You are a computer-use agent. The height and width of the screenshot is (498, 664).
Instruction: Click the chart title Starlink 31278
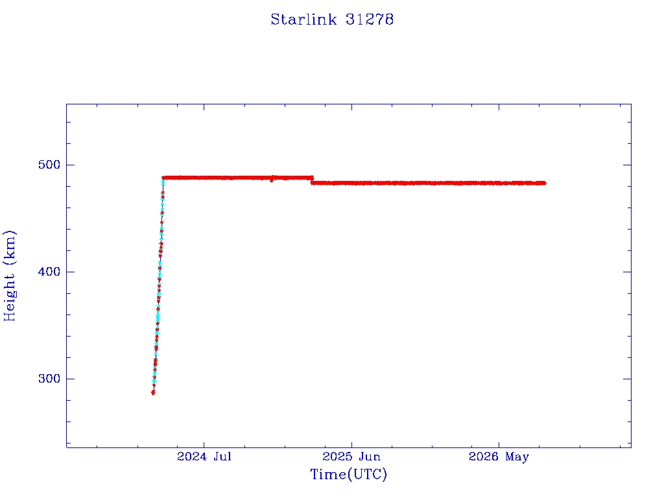click(332, 19)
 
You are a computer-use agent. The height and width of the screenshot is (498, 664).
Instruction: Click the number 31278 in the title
click(370, 19)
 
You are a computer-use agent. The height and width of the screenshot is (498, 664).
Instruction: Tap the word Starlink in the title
click(303, 19)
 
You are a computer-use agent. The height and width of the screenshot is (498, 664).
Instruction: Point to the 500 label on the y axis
click(49, 165)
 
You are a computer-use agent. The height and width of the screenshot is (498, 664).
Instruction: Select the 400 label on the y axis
click(49, 272)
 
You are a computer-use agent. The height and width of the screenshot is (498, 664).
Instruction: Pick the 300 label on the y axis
click(49, 379)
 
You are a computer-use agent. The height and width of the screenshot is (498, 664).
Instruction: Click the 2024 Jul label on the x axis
click(204, 456)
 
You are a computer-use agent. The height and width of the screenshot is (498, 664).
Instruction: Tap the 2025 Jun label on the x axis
click(351, 456)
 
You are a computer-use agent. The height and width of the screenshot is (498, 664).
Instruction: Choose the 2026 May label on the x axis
click(499, 456)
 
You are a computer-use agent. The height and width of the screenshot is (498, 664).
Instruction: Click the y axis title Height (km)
click(9, 276)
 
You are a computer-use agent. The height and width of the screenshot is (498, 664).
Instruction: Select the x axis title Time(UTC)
click(348, 474)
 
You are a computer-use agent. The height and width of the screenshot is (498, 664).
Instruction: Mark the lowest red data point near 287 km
click(153, 393)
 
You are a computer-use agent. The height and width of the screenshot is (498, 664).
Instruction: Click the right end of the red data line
click(545, 183)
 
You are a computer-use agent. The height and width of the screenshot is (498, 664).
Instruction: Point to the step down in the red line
click(312, 180)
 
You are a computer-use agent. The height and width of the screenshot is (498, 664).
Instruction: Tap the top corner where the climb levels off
click(163, 178)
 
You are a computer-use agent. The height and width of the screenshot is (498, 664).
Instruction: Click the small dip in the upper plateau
click(272, 180)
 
